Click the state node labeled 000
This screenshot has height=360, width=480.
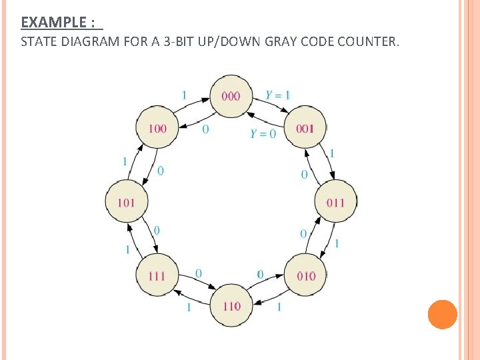[231, 96]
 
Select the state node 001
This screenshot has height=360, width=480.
[305, 128]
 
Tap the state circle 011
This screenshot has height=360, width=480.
[335, 201]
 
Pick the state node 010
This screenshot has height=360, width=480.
[305, 275]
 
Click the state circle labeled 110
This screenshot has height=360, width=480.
[231, 306]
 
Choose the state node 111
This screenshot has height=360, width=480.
[157, 275]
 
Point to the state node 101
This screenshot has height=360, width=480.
[126, 201]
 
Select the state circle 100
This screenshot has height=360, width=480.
[157, 128]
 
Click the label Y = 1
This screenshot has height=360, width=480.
[277, 95]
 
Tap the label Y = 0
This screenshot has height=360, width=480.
[263, 133]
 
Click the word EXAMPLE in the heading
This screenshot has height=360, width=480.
[53, 23]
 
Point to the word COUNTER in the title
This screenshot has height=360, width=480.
[367, 43]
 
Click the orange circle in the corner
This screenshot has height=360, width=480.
[442, 315]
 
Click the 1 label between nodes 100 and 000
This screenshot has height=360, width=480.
[184, 95]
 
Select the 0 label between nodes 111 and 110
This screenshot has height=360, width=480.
[199, 274]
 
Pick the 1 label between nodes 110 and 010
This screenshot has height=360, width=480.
[279, 307]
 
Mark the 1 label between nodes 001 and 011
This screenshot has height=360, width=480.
[331, 154]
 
